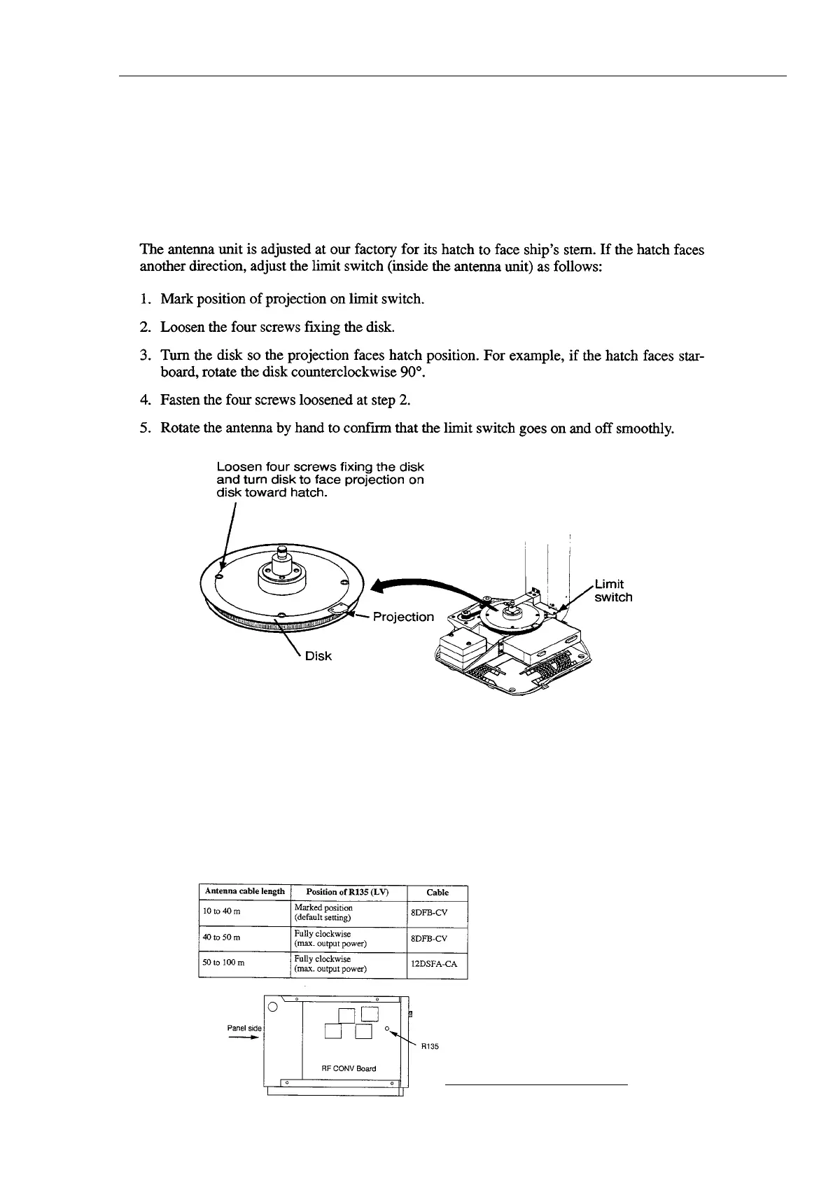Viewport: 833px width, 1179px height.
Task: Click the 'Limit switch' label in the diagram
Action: tap(612, 590)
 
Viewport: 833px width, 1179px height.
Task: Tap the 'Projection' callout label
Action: tap(402, 617)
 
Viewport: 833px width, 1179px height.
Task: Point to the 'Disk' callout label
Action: tap(318, 656)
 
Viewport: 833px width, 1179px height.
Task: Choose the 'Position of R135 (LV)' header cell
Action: tap(348, 892)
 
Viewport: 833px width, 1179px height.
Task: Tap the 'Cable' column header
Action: tap(437, 893)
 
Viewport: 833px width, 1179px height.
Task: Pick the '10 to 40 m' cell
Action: tap(221, 911)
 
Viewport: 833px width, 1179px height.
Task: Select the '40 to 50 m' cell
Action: tap(221, 938)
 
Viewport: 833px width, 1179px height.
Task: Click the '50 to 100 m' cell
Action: tap(223, 963)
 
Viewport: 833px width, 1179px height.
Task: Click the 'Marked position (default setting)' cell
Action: tap(323, 912)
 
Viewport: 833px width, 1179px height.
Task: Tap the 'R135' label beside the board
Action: tap(428, 1047)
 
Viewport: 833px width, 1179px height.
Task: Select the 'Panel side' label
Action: tap(244, 1028)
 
